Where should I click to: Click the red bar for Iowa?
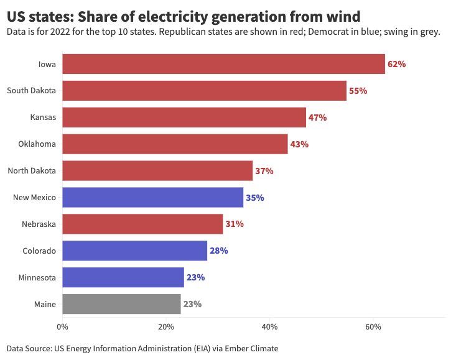coord(223,64)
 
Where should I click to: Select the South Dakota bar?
coord(204,91)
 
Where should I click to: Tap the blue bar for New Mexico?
coord(152,198)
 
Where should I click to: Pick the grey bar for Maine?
coord(121,305)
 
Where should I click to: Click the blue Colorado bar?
coord(134,251)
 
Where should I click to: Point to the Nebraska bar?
coord(142,224)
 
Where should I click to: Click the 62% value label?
coord(396,64)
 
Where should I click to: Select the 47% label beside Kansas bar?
coord(317,118)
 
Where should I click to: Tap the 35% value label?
coord(255,198)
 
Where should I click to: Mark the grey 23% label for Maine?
coord(192,305)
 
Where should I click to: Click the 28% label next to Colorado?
coord(218,251)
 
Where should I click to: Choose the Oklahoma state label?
coord(37,144)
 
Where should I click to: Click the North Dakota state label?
coord(31,171)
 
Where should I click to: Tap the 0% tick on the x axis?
coord(62,327)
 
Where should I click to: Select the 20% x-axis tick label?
coord(165,327)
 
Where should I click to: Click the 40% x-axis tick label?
coord(269,327)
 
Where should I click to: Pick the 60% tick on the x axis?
coord(373,327)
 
